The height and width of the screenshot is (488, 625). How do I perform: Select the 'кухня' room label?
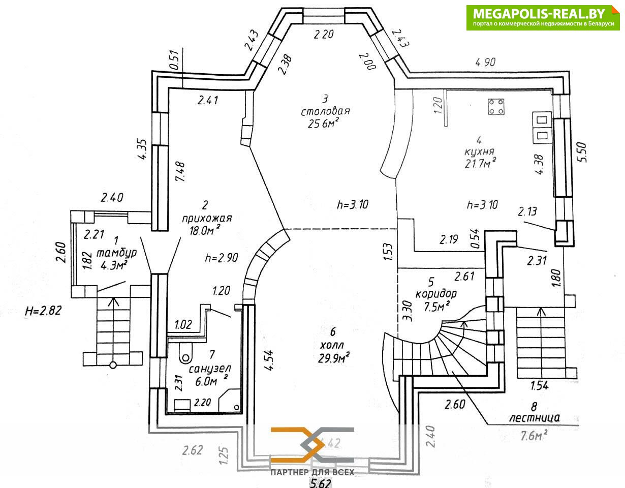(x=479, y=151)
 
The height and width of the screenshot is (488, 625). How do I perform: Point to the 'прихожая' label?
(x=207, y=219)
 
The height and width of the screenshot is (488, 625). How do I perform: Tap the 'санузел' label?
(x=209, y=368)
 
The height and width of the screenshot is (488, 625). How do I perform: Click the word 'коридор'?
(x=435, y=294)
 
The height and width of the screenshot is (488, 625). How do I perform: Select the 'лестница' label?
(x=535, y=418)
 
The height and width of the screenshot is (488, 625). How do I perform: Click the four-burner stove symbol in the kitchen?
(x=496, y=107)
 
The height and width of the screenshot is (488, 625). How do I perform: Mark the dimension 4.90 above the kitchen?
(x=485, y=62)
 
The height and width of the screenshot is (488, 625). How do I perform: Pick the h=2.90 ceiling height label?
(x=222, y=258)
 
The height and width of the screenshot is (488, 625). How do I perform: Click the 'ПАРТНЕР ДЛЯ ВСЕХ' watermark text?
(x=312, y=472)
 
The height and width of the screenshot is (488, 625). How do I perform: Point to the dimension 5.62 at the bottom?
(x=321, y=482)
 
